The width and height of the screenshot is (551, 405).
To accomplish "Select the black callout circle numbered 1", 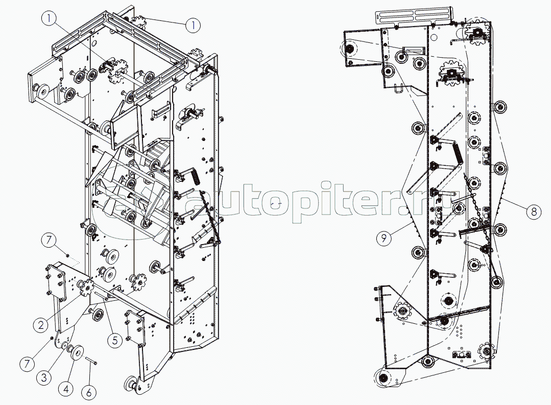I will coord(193,24).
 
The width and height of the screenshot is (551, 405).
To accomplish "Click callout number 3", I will coord(44,378).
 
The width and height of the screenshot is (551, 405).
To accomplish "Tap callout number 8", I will coord(533,211).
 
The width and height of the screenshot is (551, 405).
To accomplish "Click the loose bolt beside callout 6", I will coord(91,361).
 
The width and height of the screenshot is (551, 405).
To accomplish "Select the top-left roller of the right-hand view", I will coord(349,49).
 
